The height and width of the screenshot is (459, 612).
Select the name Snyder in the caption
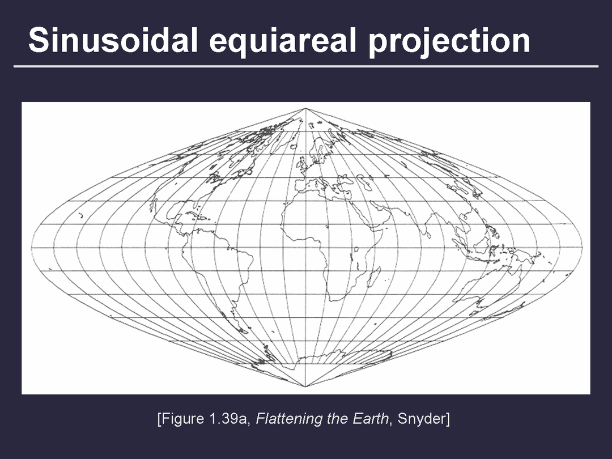click(422, 419)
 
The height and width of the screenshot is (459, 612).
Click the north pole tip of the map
click(305, 108)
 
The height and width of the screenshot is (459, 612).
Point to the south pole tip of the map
click(305, 386)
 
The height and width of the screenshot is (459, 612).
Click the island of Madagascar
click(373, 277)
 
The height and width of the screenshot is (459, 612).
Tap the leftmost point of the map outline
click(32, 248)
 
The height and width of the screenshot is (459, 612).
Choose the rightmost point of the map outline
click(582, 248)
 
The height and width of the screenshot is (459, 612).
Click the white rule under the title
click(306, 66)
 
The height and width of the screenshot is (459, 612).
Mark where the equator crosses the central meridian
click(305, 248)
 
